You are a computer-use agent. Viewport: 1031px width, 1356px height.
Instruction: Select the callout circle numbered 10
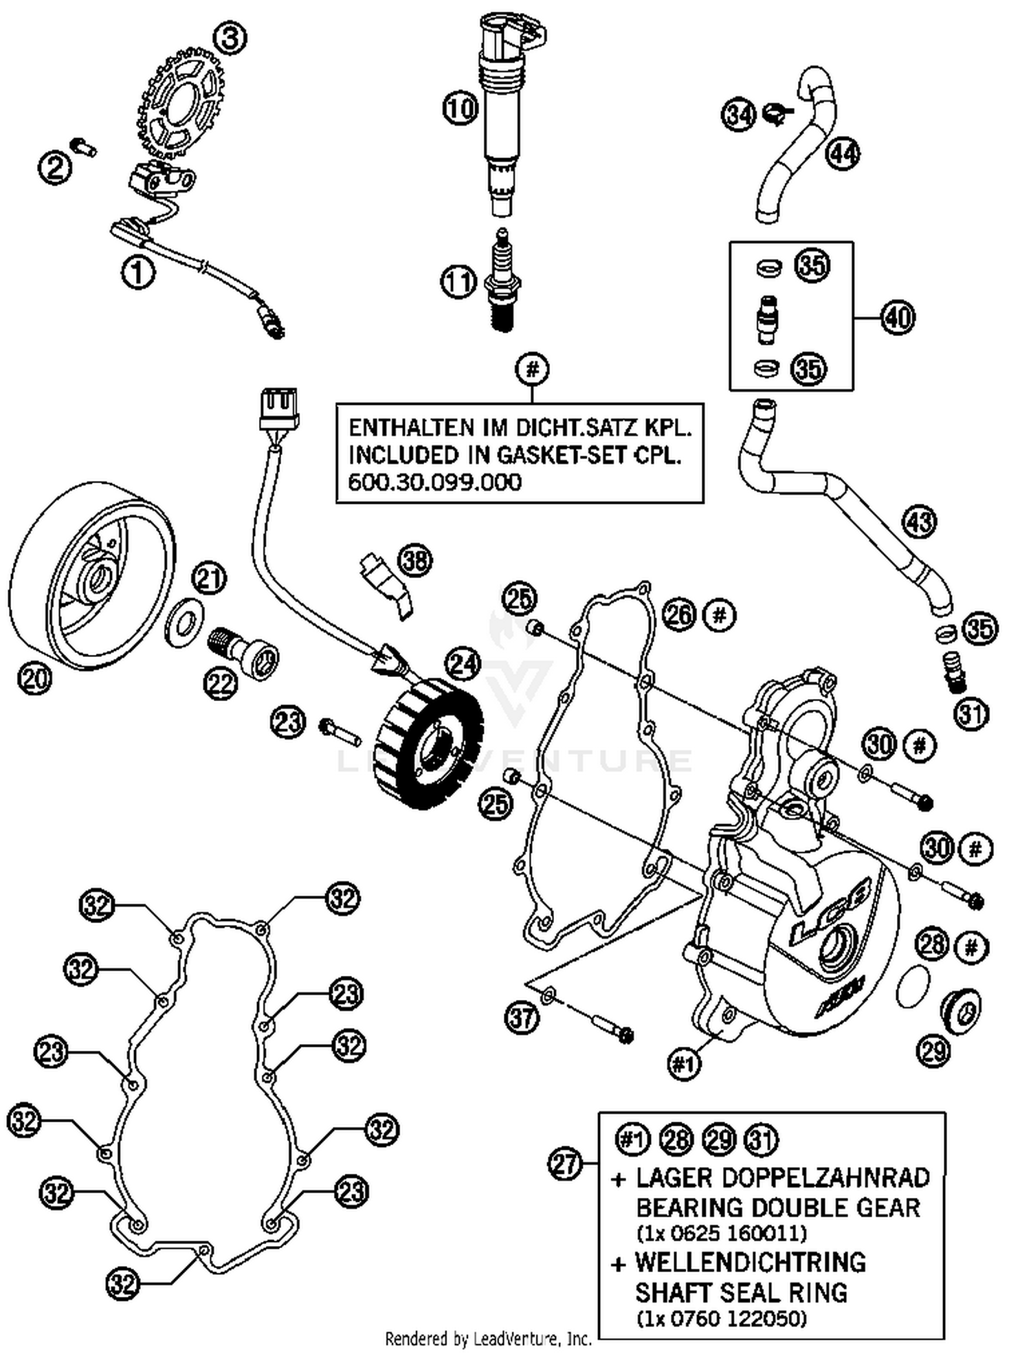point(460,108)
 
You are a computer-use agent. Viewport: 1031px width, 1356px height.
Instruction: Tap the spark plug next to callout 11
point(503,282)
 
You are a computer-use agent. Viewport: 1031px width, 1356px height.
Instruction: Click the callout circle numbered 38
point(416,562)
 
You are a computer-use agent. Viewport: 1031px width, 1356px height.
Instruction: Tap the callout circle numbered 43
point(919,522)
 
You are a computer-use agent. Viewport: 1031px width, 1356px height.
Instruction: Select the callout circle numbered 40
point(898,318)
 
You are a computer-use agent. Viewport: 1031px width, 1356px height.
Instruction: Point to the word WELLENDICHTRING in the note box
point(750,1263)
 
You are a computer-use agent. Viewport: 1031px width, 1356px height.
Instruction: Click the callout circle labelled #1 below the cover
point(684,1064)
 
